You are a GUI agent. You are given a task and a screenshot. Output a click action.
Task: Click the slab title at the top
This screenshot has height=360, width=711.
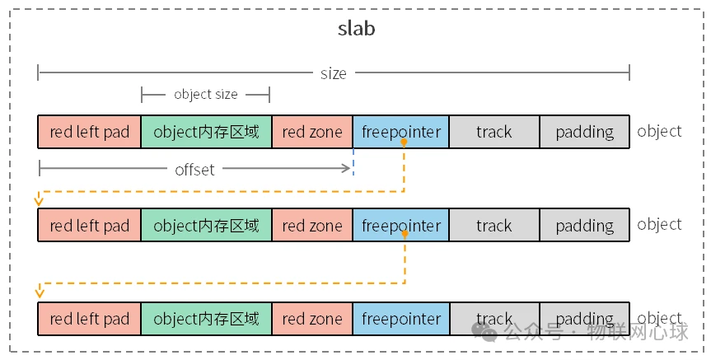[356, 28]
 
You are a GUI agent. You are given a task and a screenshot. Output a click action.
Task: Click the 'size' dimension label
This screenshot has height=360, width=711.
[333, 73]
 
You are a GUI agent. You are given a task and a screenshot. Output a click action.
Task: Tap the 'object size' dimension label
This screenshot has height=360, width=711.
[205, 95]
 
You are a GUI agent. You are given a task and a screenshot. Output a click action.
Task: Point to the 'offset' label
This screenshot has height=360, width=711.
[194, 170]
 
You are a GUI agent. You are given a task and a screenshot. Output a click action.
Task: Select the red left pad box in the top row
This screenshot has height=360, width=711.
[89, 132]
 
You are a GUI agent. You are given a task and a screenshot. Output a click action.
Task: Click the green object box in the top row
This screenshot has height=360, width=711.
[206, 132]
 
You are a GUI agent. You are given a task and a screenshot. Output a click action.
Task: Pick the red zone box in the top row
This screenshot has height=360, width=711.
[312, 132]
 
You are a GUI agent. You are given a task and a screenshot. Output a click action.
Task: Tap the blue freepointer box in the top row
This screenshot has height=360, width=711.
[400, 132]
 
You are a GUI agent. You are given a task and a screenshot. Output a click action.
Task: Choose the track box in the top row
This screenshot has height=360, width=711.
[494, 132]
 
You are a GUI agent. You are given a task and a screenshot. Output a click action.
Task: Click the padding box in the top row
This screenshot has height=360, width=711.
[584, 132]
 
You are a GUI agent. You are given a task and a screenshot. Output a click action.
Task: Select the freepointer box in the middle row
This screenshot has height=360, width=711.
[400, 225]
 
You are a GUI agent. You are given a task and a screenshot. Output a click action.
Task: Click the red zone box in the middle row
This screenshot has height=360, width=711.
[312, 225]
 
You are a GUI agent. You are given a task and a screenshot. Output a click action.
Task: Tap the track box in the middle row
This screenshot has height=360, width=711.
[494, 225]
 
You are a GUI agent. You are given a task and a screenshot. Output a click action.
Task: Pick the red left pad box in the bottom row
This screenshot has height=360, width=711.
[89, 319]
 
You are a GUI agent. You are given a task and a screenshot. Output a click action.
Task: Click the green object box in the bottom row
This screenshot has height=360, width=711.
[206, 319]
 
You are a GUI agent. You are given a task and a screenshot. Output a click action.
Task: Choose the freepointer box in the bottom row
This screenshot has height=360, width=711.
[400, 319]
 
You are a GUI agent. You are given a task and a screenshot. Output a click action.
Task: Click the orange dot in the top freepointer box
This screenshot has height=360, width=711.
[405, 143]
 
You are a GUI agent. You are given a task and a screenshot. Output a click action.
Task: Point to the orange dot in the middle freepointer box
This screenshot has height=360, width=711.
[405, 235]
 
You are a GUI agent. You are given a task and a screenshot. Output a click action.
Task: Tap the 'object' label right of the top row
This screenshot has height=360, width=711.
[659, 131]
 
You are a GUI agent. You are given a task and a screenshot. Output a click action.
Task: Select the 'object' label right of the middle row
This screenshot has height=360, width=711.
[659, 224]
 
